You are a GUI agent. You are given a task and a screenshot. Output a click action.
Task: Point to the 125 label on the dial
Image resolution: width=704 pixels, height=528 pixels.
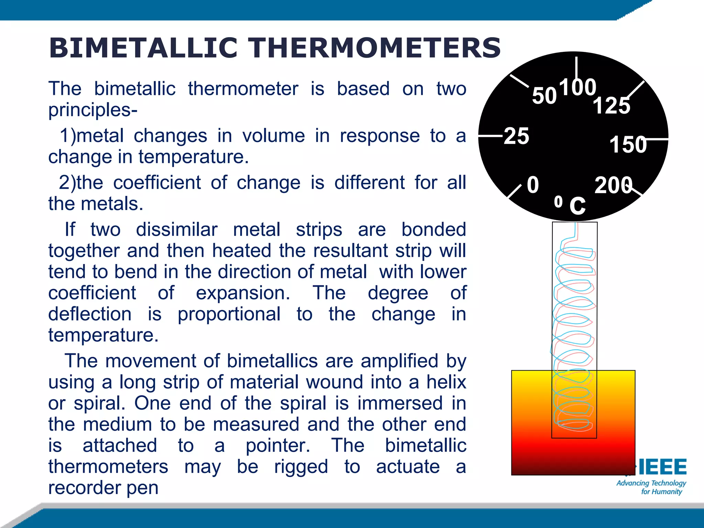(611, 105)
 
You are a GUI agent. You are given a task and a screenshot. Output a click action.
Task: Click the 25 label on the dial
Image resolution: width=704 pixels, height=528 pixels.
(516, 136)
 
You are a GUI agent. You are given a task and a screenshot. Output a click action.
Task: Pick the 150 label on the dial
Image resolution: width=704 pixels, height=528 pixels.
(628, 144)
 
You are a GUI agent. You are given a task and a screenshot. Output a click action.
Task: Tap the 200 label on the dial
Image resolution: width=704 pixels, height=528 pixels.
(613, 185)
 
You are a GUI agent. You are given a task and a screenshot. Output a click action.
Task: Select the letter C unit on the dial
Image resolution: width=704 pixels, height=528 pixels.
(577, 206)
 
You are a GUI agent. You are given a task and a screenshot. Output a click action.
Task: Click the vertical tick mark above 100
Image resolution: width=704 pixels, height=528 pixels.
(576, 67)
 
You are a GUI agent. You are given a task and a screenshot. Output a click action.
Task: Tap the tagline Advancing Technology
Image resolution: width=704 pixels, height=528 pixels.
(651, 483)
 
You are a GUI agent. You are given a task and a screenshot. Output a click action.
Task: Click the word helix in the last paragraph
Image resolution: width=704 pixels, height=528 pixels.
(446, 382)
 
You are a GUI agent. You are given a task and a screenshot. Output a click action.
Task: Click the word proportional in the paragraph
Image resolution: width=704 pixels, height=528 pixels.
(229, 314)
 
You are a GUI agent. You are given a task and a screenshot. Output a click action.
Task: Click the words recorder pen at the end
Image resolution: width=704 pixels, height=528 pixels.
(103, 487)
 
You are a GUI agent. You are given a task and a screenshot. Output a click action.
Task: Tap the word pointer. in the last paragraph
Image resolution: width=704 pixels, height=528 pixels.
(278, 445)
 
